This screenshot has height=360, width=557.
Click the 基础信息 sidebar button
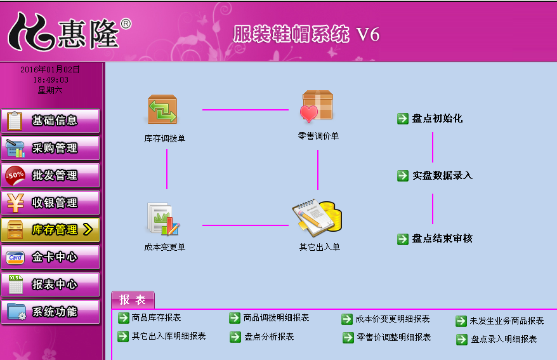pyautogui.click(x=50, y=121)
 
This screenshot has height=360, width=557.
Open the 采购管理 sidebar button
pyautogui.click(x=50, y=148)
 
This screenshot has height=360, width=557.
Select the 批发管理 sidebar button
pyautogui.click(x=50, y=175)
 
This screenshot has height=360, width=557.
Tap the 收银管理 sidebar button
pyautogui.click(x=50, y=203)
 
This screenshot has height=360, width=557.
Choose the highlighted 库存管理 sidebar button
pyautogui.click(x=50, y=230)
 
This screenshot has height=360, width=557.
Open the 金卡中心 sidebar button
pyautogui.click(x=50, y=257)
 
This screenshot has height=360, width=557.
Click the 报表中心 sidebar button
pyautogui.click(x=50, y=284)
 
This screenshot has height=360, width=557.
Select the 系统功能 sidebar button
pyautogui.click(x=50, y=312)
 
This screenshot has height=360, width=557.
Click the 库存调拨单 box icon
pyautogui.click(x=162, y=109)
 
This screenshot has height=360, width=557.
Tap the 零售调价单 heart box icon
pyautogui.click(x=317, y=107)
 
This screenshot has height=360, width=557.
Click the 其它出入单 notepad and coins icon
pyautogui.click(x=318, y=217)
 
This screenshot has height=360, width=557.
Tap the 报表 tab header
pyautogui.click(x=133, y=300)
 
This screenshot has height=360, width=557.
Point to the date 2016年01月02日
pyautogui.click(x=50, y=69)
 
